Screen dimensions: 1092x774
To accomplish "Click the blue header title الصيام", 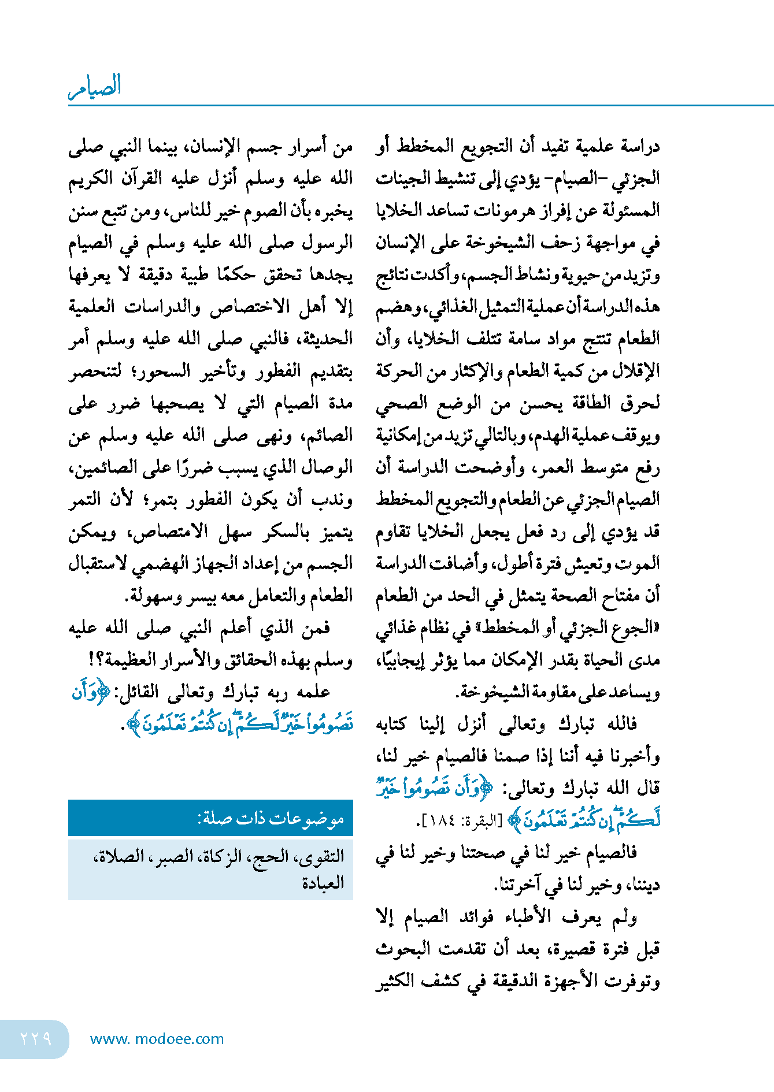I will click(95, 87).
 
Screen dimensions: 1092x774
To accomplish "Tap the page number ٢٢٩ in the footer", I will click(36, 1039).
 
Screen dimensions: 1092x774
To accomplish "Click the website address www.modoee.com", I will click(157, 1039).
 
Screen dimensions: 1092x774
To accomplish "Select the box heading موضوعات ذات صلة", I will click(271, 818).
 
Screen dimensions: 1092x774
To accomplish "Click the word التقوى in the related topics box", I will click(323, 856).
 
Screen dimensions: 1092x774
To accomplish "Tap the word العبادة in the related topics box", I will click(323, 883).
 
